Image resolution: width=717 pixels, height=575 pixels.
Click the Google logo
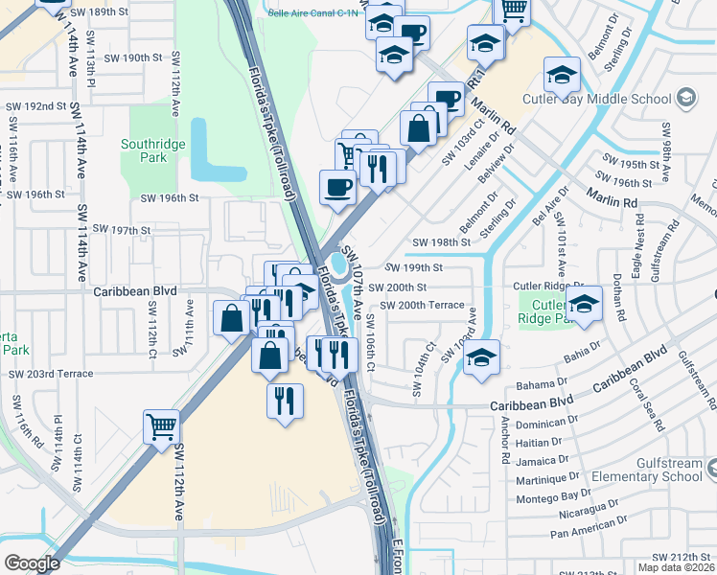[32, 563]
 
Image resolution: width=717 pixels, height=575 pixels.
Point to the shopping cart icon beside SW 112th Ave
[162, 426]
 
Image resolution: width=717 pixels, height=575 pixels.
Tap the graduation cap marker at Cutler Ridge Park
[582, 304]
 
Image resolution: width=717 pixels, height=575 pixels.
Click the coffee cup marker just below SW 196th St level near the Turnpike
[337, 187]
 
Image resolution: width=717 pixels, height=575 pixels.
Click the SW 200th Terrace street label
[422, 305]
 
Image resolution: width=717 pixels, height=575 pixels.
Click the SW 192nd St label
[35, 106]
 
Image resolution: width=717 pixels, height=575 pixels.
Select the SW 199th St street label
[413, 267]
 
